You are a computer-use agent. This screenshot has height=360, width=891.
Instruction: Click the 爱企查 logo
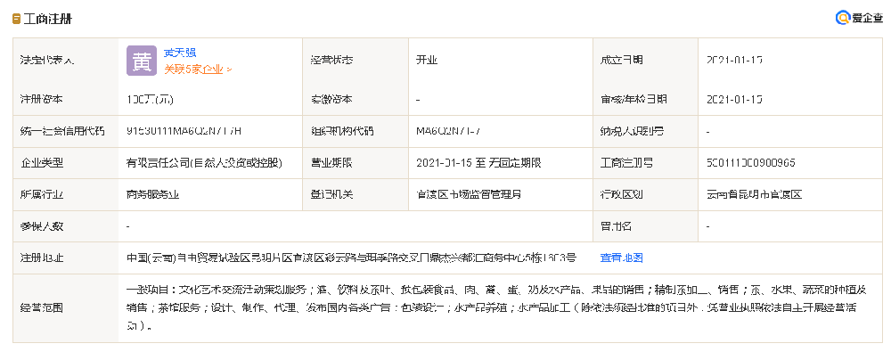click(860, 18)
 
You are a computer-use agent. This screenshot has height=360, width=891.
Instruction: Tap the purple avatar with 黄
click(142, 60)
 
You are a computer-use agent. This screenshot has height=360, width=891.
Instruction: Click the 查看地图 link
click(622, 258)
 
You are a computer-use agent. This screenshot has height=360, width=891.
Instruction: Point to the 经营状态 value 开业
click(427, 61)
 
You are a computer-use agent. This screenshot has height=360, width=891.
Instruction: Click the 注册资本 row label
click(42, 99)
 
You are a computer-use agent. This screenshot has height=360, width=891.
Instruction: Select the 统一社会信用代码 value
click(184, 131)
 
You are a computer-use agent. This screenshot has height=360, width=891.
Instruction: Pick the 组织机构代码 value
click(448, 131)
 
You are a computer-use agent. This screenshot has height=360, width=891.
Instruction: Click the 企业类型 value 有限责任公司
click(204, 163)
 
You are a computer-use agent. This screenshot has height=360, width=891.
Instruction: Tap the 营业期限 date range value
click(478, 163)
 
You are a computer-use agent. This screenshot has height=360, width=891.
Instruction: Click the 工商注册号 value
click(750, 163)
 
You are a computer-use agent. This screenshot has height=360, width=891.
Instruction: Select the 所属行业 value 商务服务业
click(156, 194)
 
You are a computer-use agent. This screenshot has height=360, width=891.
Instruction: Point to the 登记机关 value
click(469, 194)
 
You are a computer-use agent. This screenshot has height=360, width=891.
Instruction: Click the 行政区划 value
click(754, 194)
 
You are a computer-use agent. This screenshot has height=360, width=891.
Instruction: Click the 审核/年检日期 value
click(734, 99)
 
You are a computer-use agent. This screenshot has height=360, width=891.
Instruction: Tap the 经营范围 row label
click(42, 307)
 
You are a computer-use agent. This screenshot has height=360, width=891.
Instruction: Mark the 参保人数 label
click(42, 226)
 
